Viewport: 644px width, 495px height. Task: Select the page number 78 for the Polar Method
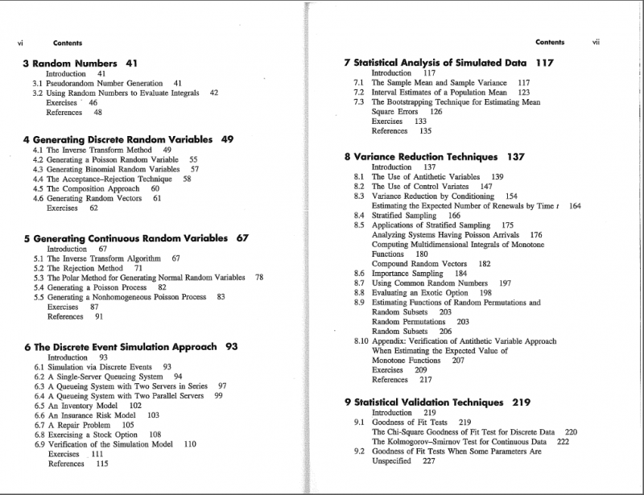[258, 277]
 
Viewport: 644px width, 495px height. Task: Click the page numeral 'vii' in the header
[596, 42]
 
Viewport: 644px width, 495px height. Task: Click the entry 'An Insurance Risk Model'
[97, 415]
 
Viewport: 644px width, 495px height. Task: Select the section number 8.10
[361, 341]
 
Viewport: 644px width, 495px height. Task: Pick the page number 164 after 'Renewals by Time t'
[574, 206]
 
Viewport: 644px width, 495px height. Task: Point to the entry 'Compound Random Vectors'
[419, 264]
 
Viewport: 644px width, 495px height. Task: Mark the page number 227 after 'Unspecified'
[428, 461]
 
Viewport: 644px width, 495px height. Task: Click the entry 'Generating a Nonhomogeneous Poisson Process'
[126, 297]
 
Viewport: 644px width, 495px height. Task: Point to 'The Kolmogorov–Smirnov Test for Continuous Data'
[458, 442]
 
